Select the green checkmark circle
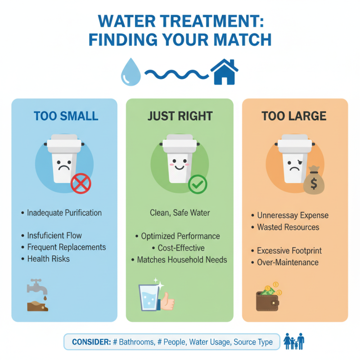coord(197,184)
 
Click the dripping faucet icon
coord(37,295)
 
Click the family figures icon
coord(295,342)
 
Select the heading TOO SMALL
coord(66,116)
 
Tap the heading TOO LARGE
coord(294,116)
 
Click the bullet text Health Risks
coord(48,259)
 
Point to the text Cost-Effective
coord(181,248)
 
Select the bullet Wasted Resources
coord(288,227)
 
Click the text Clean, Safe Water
coord(180,212)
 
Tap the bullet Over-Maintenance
coord(288,262)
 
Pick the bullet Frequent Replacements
coord(66,247)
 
